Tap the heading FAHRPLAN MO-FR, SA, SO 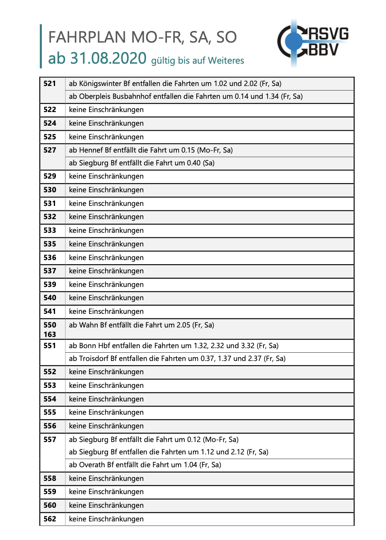pyautogui.click(x=142, y=37)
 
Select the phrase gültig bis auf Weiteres pyautogui.click(x=198, y=61)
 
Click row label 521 pyautogui.click(x=50, y=84)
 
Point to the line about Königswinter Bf pyautogui.click(x=175, y=84)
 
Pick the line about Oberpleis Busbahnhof pyautogui.click(x=186, y=96)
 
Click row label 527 pyautogui.click(x=50, y=150)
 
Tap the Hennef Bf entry pyautogui.click(x=151, y=150)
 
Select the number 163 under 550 pyautogui.click(x=50, y=334)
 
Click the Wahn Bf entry pyautogui.click(x=141, y=325)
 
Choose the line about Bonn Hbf pyautogui.click(x=174, y=346)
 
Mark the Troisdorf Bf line pyautogui.click(x=177, y=358)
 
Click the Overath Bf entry pyautogui.click(x=145, y=465)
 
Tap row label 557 pyautogui.click(x=50, y=440)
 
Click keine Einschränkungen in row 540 pyautogui.click(x=106, y=298)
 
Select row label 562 pyautogui.click(x=50, y=519)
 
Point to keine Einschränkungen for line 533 pyautogui.click(x=106, y=230)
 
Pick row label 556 pyautogui.click(x=50, y=426)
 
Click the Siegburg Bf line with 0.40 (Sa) pyautogui.click(x=142, y=163)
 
